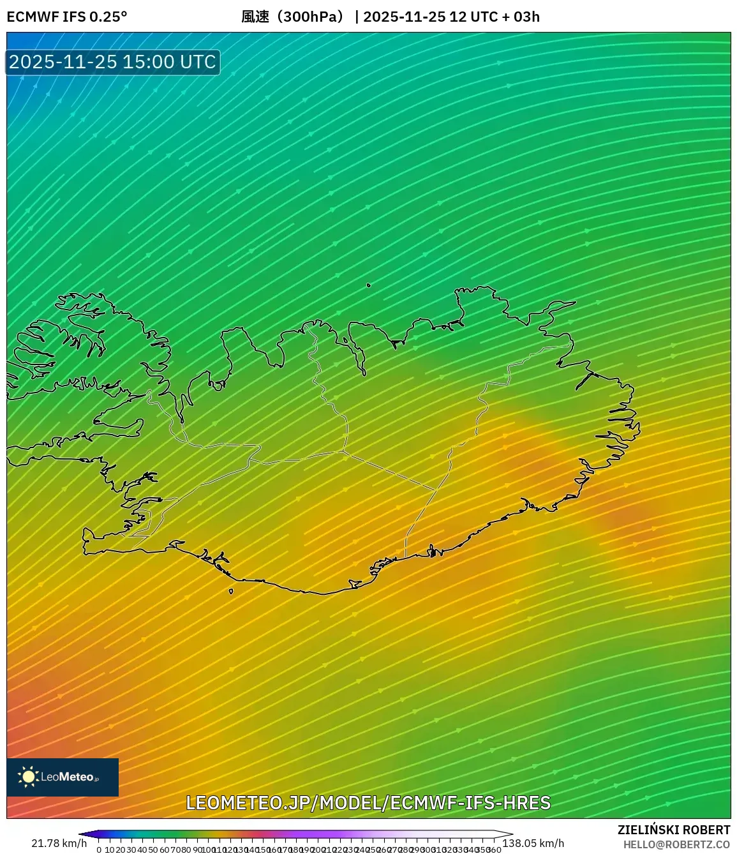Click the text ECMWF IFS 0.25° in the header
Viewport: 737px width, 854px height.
coord(67,17)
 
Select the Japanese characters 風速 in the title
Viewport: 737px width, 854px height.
coord(255,17)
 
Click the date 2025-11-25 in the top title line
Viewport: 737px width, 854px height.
coord(404,17)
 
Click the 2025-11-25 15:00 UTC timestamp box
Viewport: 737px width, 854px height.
coord(113,62)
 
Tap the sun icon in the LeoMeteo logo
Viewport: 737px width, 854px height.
coord(28,776)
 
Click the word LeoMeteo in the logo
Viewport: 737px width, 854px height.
coord(67,777)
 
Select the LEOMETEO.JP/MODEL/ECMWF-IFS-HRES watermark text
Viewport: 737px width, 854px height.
coord(368,803)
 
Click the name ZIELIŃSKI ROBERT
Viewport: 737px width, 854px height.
coord(674,830)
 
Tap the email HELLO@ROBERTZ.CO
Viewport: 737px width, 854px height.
coord(676,844)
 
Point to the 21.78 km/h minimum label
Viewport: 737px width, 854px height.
coord(59,843)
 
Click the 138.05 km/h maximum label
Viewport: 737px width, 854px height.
coord(533,843)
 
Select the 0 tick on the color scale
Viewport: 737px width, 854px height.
coord(99,850)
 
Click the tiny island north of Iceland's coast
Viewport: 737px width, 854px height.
coord(368,285)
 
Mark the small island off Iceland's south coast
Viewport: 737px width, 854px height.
coord(231,592)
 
